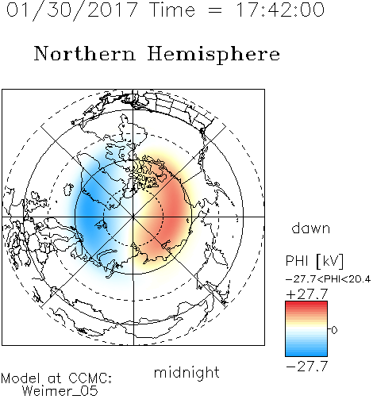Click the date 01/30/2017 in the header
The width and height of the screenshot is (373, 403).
(x=72, y=10)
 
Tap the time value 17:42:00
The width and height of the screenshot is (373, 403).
(x=279, y=10)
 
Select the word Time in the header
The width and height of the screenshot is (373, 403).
(x=172, y=10)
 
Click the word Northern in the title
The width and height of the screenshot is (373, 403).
(x=85, y=54)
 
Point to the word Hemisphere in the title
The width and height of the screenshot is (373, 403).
(x=213, y=55)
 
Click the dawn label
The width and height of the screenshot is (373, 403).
(x=311, y=228)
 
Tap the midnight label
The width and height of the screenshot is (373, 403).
(x=186, y=372)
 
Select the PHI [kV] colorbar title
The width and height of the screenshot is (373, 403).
(x=314, y=261)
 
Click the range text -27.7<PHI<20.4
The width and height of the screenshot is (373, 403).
(x=328, y=279)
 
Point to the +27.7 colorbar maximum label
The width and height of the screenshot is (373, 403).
(x=307, y=294)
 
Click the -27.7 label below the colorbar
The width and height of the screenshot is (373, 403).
(x=307, y=367)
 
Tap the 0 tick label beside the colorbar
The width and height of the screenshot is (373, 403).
(x=334, y=330)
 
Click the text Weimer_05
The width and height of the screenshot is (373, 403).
(x=60, y=390)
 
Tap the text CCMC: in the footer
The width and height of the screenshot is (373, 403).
(x=90, y=378)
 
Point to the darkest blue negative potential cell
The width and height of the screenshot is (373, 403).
(x=89, y=212)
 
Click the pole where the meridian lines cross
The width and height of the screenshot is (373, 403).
(x=133, y=217)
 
